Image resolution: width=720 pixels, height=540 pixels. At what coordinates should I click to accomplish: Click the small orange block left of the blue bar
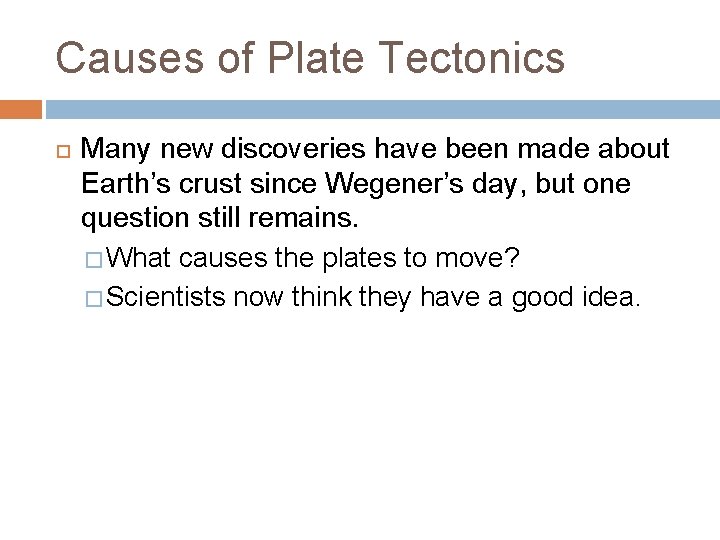[21, 109]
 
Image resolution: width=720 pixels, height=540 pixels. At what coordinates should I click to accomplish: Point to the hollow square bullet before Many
[59, 152]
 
